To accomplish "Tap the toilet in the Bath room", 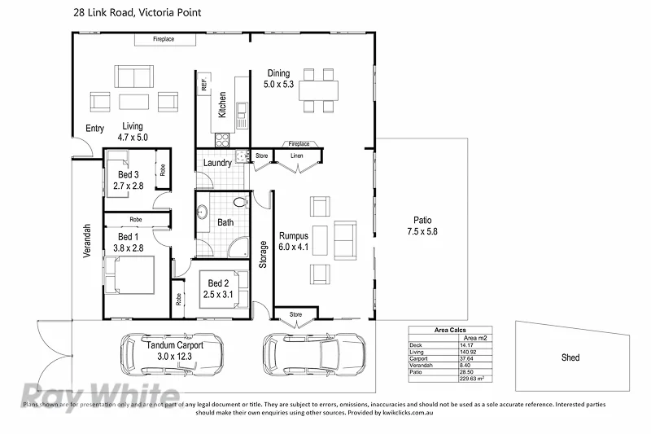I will (x=240, y=201).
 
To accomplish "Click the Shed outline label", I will (x=570, y=357).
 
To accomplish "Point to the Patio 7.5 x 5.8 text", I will (x=422, y=226).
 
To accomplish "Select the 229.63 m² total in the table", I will (x=473, y=378).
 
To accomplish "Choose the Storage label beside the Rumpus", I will (x=263, y=254).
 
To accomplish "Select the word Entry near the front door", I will (x=94, y=129).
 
